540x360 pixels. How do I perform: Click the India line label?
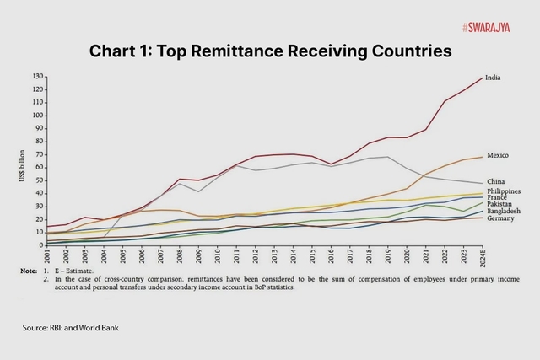(494, 78)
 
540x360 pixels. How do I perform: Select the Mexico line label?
(497, 155)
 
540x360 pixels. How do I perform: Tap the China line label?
(495, 180)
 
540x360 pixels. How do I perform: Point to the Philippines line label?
(503, 191)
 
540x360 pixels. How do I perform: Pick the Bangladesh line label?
(503, 211)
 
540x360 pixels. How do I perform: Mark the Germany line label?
(499, 218)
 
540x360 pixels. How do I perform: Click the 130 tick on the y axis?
(37, 76)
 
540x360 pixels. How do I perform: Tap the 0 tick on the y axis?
(41, 245)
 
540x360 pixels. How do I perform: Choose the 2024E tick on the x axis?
(482, 258)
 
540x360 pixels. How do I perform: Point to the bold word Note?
(30, 271)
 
